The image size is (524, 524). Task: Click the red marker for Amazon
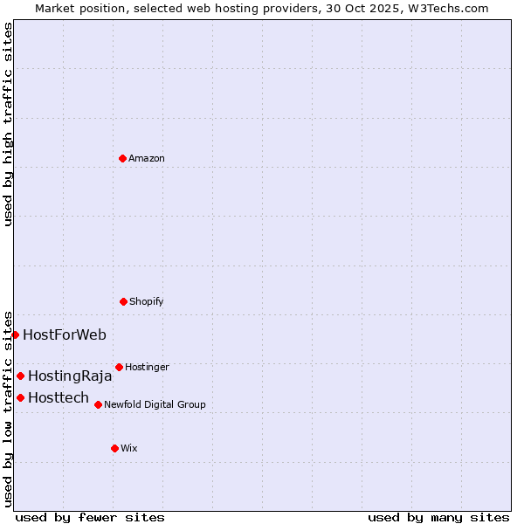(122, 158)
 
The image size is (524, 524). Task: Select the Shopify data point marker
(123, 301)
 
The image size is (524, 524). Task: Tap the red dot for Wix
(114, 448)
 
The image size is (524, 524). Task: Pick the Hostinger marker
(119, 367)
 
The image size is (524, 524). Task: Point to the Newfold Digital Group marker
(98, 404)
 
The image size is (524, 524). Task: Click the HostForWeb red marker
(15, 334)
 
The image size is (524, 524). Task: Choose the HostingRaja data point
(20, 376)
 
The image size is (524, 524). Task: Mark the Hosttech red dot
(20, 397)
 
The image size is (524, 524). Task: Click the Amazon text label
(147, 158)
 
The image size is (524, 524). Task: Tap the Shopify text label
(147, 301)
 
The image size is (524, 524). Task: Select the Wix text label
(129, 448)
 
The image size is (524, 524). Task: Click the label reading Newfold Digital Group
(155, 404)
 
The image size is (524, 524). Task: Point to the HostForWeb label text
(65, 334)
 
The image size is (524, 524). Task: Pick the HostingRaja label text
(70, 376)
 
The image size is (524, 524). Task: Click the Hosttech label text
(59, 398)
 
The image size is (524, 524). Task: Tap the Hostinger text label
(147, 367)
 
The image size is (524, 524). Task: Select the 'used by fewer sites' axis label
(90, 517)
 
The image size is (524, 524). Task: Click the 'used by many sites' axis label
(438, 517)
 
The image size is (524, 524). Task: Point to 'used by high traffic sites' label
(8, 124)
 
